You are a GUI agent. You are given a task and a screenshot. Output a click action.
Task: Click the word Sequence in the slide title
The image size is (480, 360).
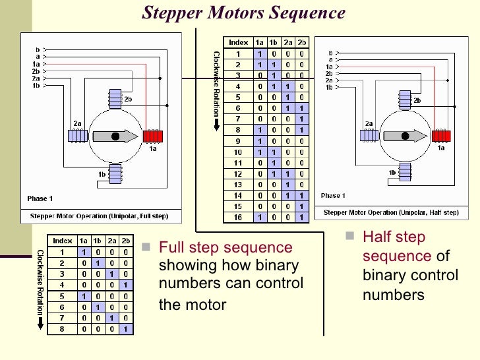click(307, 13)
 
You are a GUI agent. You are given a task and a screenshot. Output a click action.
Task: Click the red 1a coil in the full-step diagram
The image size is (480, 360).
click(153, 136)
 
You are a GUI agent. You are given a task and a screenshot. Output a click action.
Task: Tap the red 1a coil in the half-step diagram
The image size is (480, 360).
click(441, 136)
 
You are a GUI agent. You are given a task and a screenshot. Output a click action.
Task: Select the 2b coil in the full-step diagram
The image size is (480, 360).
click(115, 99)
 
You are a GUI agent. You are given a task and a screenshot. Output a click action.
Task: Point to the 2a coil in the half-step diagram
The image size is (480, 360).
click(369, 135)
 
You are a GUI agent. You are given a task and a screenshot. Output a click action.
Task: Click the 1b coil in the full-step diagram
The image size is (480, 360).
click(115, 174)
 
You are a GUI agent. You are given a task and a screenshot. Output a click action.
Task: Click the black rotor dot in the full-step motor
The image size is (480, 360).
click(115, 136)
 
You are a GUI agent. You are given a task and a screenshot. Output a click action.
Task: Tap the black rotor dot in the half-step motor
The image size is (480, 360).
click(405, 136)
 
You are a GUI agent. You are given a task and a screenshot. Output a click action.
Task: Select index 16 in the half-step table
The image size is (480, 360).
click(238, 218)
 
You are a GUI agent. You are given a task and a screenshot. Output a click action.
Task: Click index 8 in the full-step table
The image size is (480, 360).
click(62, 329)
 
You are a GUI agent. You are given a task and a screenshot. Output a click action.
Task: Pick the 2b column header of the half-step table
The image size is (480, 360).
click(302, 43)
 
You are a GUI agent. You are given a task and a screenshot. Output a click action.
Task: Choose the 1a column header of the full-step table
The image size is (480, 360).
click(83, 241)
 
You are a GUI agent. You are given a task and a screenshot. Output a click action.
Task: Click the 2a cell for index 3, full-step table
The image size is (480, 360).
click(111, 274)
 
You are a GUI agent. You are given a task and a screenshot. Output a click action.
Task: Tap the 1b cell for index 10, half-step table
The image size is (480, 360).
click(274, 152)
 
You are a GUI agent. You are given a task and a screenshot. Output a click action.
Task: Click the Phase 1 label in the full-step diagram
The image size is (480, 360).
click(40, 198)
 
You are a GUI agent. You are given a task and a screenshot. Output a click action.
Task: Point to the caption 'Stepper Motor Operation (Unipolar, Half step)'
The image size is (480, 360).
click(391, 212)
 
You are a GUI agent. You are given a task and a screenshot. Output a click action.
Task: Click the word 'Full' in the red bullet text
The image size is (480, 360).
click(172, 247)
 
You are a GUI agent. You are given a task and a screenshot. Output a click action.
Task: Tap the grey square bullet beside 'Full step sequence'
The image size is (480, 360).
click(146, 247)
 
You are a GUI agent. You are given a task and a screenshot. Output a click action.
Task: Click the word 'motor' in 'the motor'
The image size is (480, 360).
click(207, 305)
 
